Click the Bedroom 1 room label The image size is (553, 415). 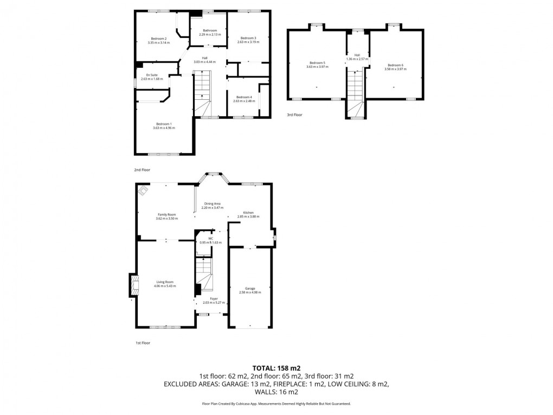(x=165, y=125)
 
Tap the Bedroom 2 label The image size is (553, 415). (x=158, y=39)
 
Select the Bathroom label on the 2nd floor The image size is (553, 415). (x=210, y=30)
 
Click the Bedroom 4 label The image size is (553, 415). (x=243, y=97)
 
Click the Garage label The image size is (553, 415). (x=250, y=289)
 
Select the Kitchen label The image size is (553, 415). (x=248, y=213)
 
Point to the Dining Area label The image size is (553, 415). (x=212, y=203)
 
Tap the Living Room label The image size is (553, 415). (x=165, y=282)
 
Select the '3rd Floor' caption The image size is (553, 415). (x=295, y=115)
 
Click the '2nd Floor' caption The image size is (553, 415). (x=142, y=170)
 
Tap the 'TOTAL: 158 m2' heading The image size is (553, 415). (x=276, y=367)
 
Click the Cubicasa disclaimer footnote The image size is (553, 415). (x=276, y=404)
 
